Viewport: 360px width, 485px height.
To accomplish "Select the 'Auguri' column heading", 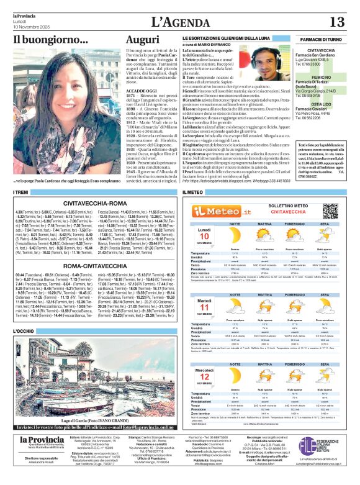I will [x=142, y=40].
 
